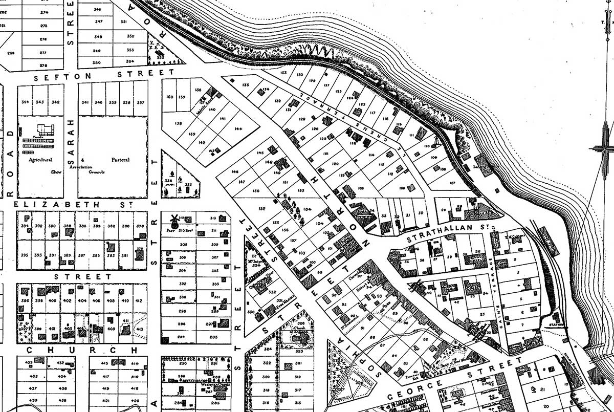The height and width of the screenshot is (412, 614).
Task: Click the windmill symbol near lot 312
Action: click(x=173, y=221)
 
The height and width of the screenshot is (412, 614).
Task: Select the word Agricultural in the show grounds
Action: click(x=41, y=160)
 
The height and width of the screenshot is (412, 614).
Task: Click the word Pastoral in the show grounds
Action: click(x=120, y=160)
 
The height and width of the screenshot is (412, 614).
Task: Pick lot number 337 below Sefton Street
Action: click(x=140, y=102)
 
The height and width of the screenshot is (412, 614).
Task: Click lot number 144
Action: click(x=238, y=129)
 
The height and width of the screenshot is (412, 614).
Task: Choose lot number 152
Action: click(x=262, y=208)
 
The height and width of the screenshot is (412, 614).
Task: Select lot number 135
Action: click(x=245, y=84)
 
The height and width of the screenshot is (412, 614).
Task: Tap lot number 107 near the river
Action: click(x=452, y=183)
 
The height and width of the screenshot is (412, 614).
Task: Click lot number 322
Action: click(x=267, y=363)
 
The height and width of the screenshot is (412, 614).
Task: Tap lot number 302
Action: click(x=182, y=284)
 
